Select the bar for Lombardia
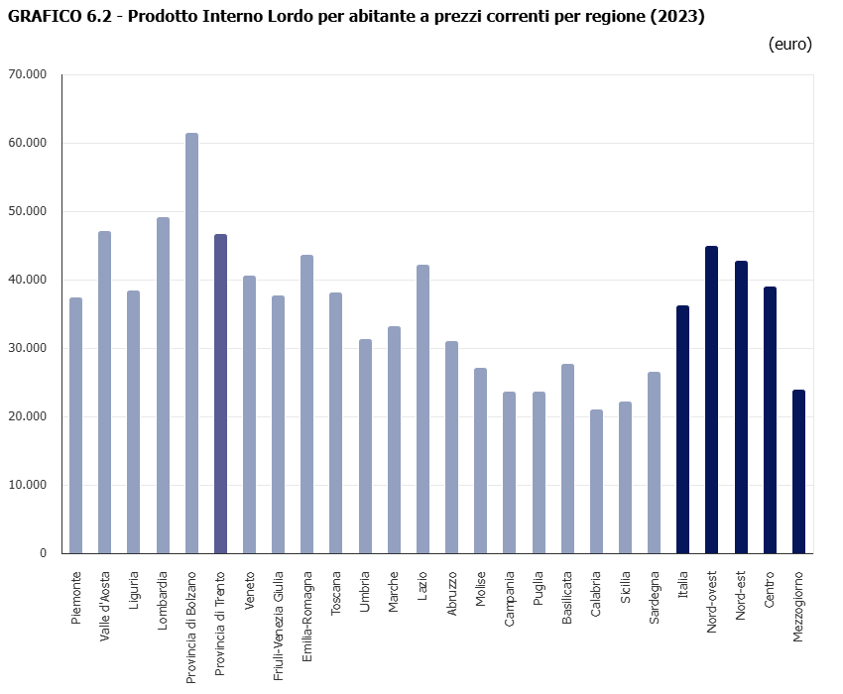point(163,386)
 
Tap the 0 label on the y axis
point(43,553)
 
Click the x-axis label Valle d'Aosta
point(105,606)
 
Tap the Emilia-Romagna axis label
point(307,609)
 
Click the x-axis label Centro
point(770,590)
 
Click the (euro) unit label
point(789,45)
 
